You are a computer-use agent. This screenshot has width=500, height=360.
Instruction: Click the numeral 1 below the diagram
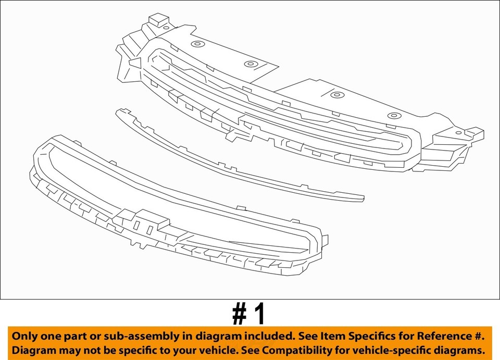[259, 315]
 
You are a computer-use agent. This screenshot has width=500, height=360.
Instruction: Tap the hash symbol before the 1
[241, 315]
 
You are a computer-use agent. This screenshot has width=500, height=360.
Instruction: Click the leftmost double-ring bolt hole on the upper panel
[197, 44]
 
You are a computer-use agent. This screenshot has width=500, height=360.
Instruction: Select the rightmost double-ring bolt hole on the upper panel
[392, 115]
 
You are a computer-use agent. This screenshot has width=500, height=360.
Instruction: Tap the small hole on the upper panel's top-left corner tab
[166, 27]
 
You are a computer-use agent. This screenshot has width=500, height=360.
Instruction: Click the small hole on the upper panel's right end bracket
[458, 132]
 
